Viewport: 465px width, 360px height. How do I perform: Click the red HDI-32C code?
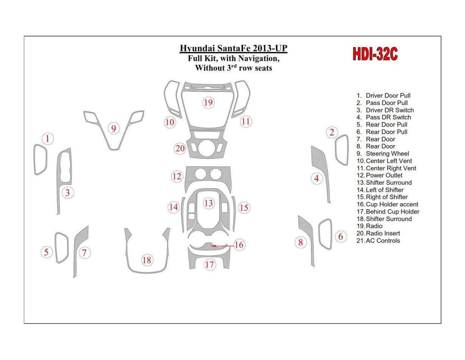point(375,55)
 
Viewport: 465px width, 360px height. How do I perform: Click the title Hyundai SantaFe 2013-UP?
point(233,49)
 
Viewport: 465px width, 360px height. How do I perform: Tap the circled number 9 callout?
point(113,129)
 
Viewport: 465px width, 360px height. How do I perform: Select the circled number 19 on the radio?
point(208,102)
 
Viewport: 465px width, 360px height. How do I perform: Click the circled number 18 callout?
point(147,260)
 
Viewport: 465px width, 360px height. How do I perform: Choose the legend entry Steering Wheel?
point(387,153)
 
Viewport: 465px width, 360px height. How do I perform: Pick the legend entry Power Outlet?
point(384,175)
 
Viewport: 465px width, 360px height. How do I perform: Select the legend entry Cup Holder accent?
point(392,204)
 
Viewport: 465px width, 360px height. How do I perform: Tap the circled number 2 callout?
point(332,132)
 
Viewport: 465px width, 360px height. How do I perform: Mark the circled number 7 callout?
point(84,252)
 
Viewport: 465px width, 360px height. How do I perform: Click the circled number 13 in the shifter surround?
point(209,203)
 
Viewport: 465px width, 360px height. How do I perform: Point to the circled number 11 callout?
point(246,121)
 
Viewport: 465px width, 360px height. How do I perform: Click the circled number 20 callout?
point(180,148)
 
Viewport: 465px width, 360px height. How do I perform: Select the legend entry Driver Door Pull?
point(388,95)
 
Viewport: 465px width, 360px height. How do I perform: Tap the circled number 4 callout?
point(317,178)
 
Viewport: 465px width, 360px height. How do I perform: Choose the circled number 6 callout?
point(341,237)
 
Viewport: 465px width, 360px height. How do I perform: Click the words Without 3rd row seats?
point(233,68)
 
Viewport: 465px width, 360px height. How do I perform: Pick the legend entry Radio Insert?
point(382,233)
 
